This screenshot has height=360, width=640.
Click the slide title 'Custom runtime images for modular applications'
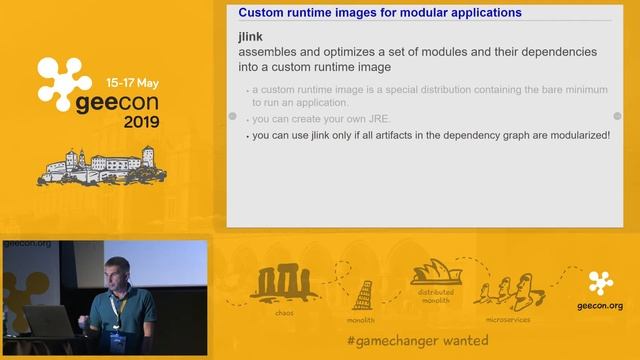point(379,13)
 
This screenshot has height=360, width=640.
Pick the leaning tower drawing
point(362,294)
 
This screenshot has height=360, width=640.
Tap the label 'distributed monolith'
point(435,297)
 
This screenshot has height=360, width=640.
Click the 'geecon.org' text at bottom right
point(600,306)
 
